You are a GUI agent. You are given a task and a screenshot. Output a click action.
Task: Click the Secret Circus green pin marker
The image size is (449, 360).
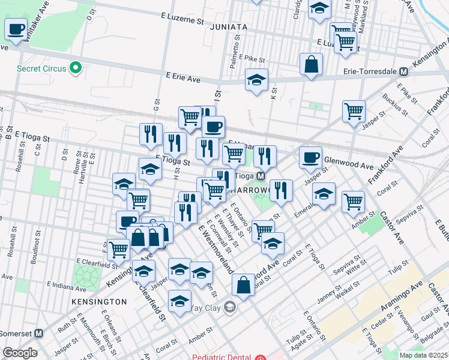[76, 68]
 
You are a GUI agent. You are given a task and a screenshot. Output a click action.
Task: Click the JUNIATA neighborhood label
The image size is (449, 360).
[229, 28]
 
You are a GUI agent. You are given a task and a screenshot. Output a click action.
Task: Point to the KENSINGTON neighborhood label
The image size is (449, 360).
[99, 301]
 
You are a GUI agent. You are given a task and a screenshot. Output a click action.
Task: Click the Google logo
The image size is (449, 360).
[20, 353]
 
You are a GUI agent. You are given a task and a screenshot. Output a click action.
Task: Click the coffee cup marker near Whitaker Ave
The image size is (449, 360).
[16, 28]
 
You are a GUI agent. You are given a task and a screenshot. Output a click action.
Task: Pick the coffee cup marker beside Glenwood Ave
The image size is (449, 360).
[310, 157]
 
